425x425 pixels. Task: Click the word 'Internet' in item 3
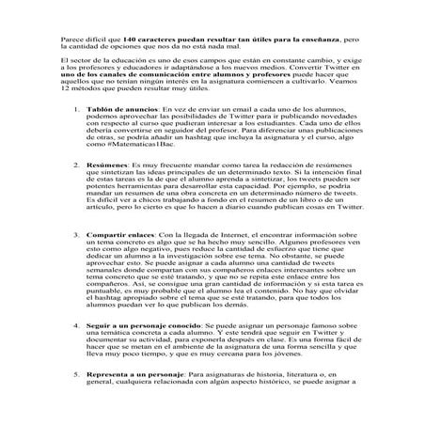(x=237, y=258)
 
